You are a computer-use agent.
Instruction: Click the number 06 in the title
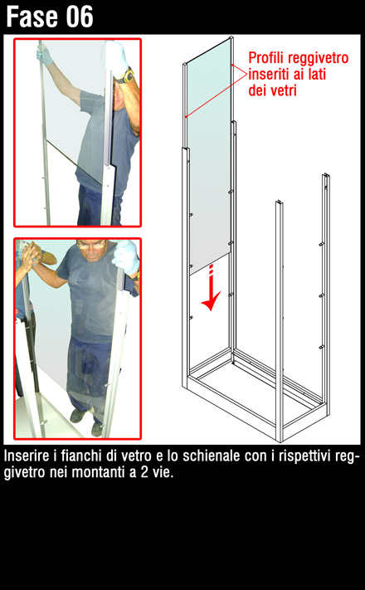(x=80, y=17)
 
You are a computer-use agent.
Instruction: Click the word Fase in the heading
(x=33, y=17)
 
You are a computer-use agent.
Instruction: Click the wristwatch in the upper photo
(x=124, y=76)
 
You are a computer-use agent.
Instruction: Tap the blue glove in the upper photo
(x=45, y=55)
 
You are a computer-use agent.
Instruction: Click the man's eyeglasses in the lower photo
(x=91, y=246)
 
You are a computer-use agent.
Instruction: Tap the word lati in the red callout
(x=317, y=74)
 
